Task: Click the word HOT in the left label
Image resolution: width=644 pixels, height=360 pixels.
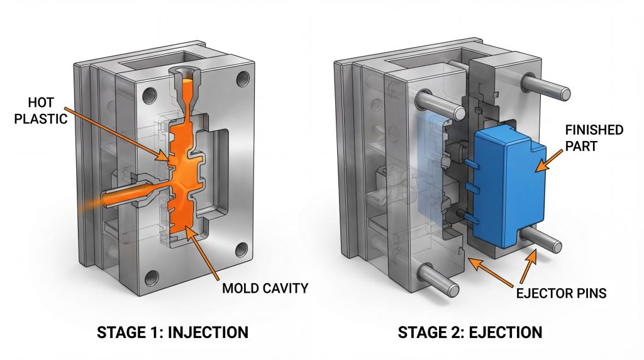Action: [x=41, y=103]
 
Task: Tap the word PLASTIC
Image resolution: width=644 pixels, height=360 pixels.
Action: [x=41, y=119]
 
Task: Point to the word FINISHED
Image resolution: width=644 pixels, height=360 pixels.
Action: [x=594, y=130]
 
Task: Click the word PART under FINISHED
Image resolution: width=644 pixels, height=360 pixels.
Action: [x=580, y=146]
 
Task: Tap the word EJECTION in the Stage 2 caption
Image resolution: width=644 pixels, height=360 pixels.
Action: [x=506, y=332]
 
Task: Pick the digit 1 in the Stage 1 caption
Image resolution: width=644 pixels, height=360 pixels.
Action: [x=158, y=332]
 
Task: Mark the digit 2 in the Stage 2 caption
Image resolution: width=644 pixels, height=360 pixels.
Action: [x=458, y=332]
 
